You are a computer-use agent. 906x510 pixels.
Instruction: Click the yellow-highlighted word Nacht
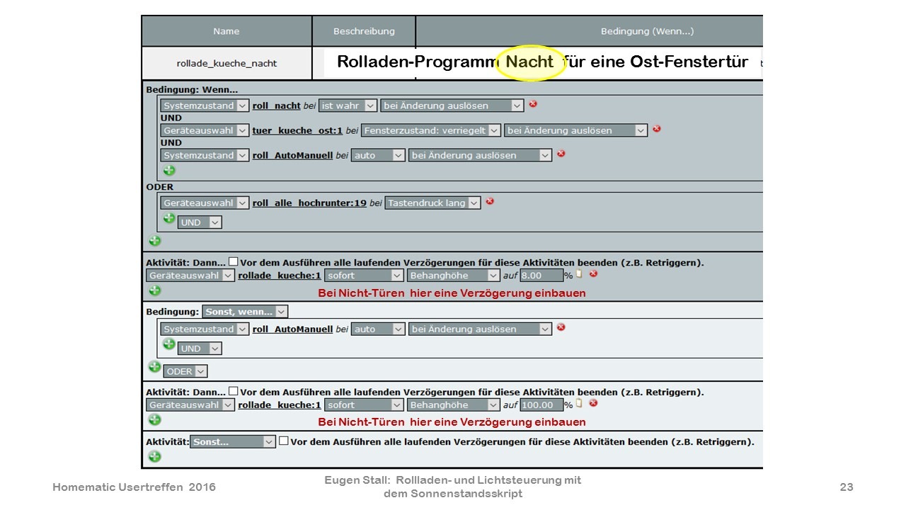(x=529, y=62)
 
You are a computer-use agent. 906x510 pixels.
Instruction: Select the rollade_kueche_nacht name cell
(x=226, y=63)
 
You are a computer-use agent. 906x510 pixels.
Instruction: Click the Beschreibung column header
(x=364, y=31)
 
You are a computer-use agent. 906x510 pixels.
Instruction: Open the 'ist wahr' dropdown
(x=348, y=106)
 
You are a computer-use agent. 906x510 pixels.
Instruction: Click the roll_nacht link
(x=276, y=106)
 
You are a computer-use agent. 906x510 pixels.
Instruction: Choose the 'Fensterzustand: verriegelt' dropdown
(x=431, y=130)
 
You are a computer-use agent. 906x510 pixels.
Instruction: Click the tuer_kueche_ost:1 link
(x=297, y=130)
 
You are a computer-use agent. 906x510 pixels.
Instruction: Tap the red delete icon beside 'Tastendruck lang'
(x=490, y=201)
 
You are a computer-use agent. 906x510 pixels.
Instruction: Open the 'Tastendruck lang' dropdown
(x=432, y=203)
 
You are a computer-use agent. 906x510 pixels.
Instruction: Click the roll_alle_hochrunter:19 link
(x=309, y=203)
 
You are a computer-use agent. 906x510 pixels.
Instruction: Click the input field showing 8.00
(x=541, y=276)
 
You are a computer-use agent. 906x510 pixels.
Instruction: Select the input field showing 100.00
(x=541, y=404)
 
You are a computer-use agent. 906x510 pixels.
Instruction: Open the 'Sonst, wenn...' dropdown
(x=245, y=312)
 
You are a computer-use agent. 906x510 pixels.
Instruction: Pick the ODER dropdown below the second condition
(x=185, y=372)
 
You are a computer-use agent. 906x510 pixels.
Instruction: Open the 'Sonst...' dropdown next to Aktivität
(x=233, y=441)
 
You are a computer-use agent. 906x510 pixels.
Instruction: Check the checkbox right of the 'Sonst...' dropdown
(x=284, y=441)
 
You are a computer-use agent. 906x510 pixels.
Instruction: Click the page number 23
(x=847, y=487)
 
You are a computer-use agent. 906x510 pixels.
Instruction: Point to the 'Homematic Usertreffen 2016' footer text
(x=134, y=487)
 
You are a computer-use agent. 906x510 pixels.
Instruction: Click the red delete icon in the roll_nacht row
(x=533, y=104)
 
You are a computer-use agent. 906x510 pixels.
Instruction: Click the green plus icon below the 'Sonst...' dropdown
(x=154, y=457)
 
